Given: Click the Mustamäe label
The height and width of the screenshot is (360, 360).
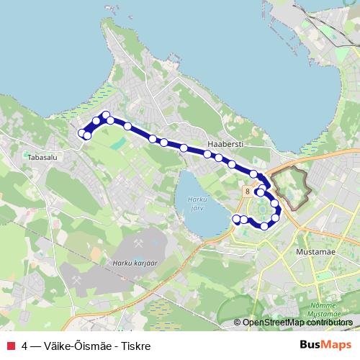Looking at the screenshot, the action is [x=312, y=253].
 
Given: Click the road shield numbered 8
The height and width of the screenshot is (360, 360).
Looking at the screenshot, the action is [x=246, y=192].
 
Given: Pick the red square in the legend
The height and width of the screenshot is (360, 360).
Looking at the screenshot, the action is [x=9, y=346].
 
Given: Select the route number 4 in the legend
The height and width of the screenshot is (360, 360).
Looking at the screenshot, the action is [x=25, y=346].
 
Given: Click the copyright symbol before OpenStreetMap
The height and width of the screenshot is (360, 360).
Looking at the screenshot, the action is [x=238, y=323].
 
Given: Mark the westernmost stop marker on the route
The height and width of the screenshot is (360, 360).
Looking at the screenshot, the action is [x=81, y=132].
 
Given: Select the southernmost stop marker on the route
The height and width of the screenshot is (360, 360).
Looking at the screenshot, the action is [x=264, y=225].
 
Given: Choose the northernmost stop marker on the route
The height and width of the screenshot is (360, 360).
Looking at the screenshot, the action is [x=106, y=115].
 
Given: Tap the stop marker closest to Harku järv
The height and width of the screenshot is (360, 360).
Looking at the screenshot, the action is [x=236, y=218].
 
